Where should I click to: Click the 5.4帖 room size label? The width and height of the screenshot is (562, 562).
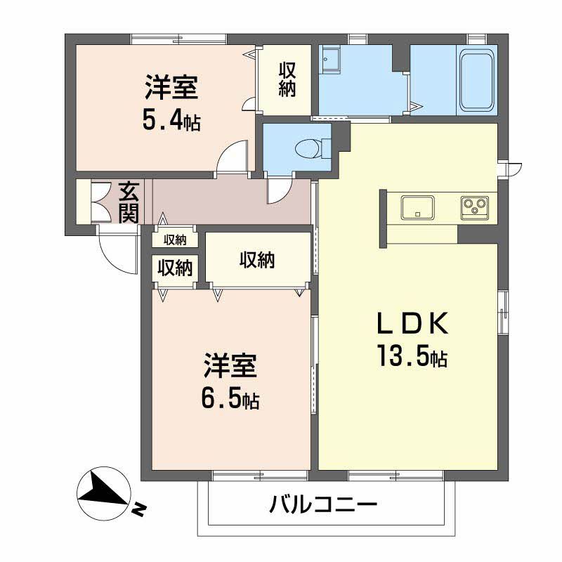point(171,122)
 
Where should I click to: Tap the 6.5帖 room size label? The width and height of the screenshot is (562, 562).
point(230,400)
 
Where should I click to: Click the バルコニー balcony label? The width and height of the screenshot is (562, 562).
point(324,504)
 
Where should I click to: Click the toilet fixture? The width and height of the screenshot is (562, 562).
point(309,149)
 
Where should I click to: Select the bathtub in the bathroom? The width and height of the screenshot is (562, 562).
point(477,80)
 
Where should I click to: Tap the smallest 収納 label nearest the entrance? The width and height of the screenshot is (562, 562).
point(175,240)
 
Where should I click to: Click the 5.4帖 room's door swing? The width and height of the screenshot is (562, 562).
point(233,155)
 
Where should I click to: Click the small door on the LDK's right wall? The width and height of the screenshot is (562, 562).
point(510,169)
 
